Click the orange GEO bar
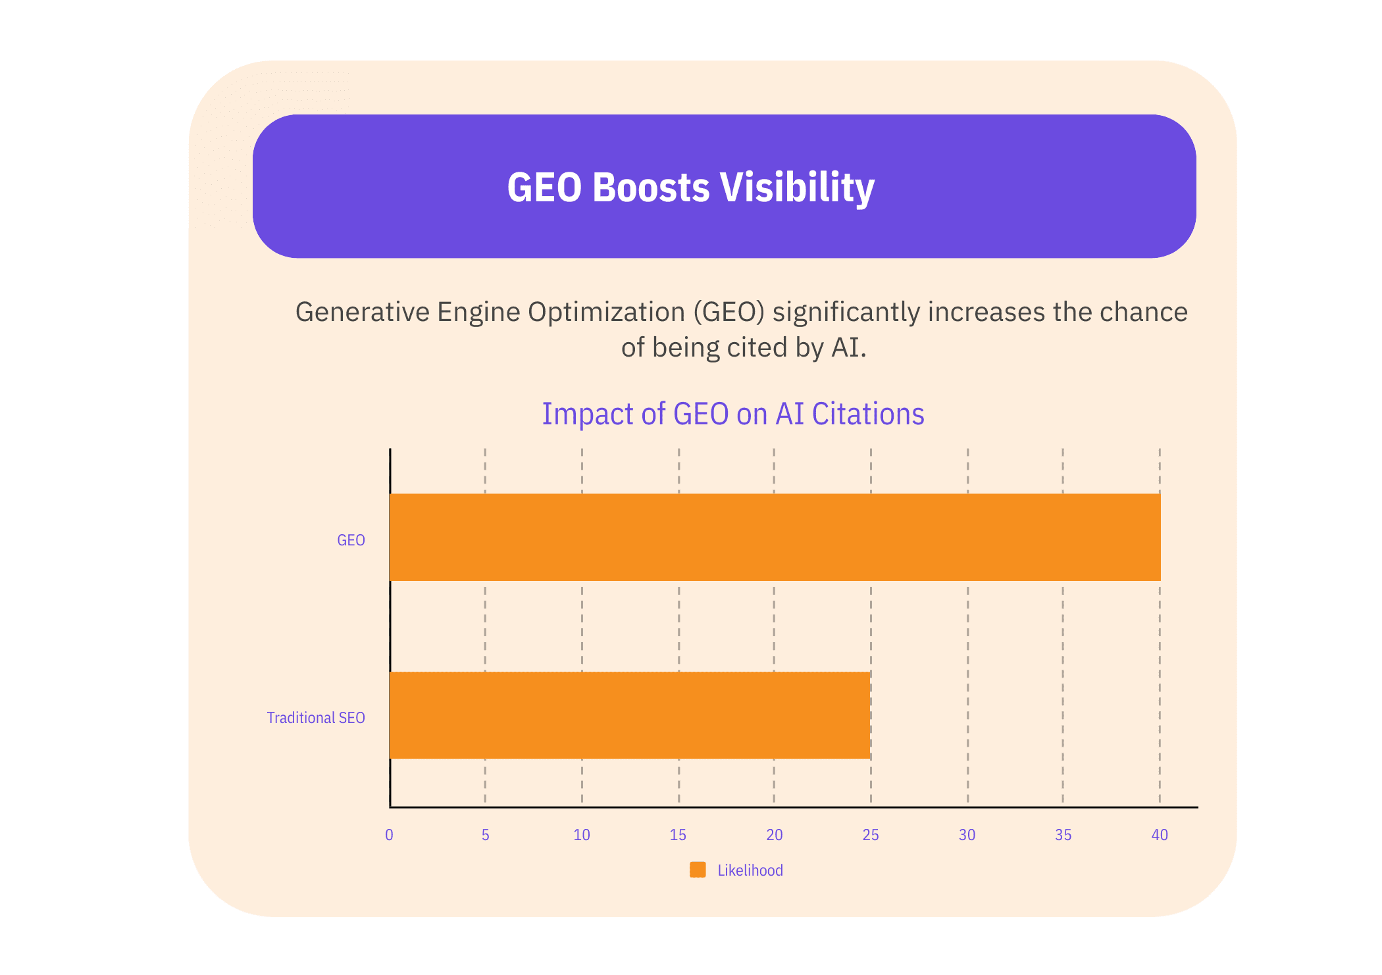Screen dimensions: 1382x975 click(775, 537)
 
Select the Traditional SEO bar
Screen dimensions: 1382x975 click(630, 715)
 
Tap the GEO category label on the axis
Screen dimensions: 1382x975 click(351, 540)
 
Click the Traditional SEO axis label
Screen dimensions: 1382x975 click(316, 718)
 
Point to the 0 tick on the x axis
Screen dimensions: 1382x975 click(389, 835)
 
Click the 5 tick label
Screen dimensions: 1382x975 click(485, 835)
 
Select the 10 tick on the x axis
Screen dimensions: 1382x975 click(582, 835)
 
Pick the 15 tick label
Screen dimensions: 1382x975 click(678, 835)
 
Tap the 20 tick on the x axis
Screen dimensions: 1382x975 click(775, 835)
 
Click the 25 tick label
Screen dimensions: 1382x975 click(871, 835)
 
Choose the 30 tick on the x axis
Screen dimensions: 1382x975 click(967, 835)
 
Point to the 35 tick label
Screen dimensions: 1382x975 click(1063, 835)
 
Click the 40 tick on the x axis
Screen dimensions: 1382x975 click(1160, 835)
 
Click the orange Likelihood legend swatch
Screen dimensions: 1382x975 click(698, 870)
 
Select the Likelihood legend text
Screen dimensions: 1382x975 click(750, 870)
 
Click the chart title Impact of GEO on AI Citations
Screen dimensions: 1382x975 click(733, 414)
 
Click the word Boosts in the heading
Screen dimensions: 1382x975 click(652, 187)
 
